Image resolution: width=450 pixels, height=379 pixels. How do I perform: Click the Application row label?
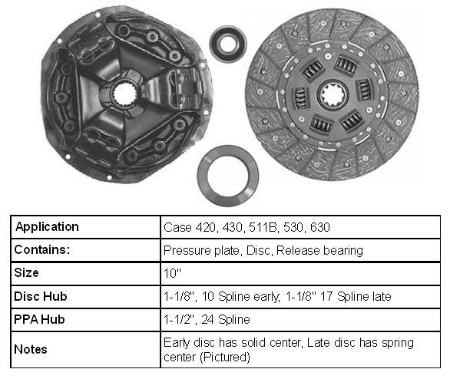[47, 227]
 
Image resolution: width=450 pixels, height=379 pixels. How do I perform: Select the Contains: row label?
[42, 249]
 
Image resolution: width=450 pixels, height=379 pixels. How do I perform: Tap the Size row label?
[26, 272]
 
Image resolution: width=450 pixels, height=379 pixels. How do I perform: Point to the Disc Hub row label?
[41, 296]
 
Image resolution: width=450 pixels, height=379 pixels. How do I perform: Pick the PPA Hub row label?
[39, 319]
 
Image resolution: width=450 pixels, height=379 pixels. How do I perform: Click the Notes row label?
[31, 350]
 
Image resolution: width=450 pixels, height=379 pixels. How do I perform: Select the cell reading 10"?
[172, 273]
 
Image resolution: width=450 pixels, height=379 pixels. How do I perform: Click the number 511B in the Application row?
[263, 227]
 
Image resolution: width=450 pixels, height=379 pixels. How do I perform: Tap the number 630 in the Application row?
[320, 227]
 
